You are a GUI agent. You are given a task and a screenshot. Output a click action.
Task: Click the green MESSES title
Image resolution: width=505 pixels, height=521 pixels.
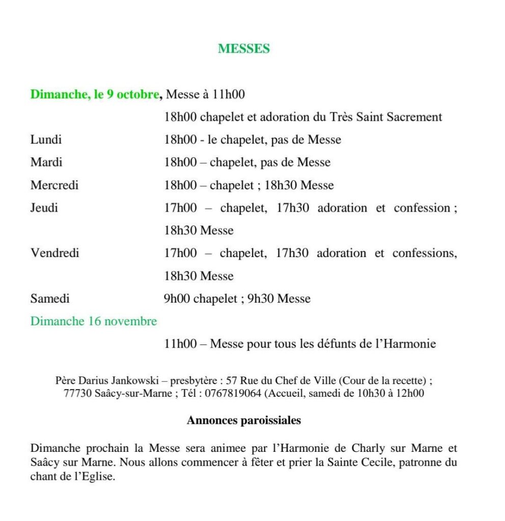coord(244,49)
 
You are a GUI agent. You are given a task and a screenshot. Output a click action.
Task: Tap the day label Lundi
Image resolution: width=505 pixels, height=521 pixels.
coord(46,139)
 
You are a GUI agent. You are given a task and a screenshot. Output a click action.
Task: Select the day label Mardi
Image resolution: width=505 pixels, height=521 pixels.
coord(46,162)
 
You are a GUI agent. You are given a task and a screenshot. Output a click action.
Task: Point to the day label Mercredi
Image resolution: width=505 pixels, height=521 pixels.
coord(54,185)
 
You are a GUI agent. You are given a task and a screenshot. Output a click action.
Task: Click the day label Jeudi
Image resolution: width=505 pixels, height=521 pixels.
coord(44,208)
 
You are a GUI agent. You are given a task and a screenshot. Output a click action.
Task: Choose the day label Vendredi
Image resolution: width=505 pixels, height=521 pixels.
coord(55,253)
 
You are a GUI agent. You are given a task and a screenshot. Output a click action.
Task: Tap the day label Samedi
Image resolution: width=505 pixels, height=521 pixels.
coord(50,299)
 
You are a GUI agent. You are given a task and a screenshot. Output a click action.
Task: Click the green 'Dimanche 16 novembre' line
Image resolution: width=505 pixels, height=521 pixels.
coord(94,322)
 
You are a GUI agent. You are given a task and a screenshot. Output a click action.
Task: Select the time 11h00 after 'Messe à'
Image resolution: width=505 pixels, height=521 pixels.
coord(228,94)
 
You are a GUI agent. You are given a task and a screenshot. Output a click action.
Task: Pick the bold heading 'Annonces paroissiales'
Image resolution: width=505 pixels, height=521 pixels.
coord(244,421)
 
